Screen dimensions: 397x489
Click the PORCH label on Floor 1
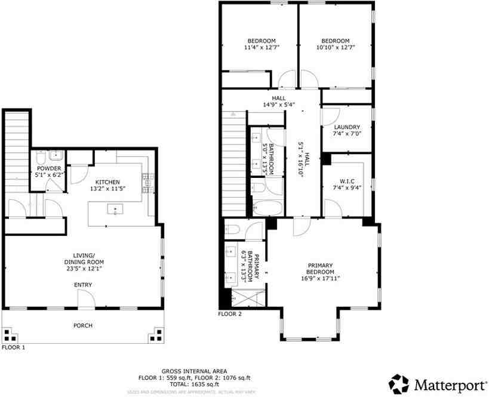coord(82,325)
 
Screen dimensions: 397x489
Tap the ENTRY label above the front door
coord(83,285)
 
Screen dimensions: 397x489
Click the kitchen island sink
coord(115,209)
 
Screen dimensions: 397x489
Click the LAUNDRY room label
coord(347,127)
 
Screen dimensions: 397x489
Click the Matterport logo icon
coord(399,383)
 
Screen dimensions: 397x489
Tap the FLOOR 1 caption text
coord(13,347)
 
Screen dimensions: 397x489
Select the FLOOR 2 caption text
coord(230,313)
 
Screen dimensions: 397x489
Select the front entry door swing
coord(86,303)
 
